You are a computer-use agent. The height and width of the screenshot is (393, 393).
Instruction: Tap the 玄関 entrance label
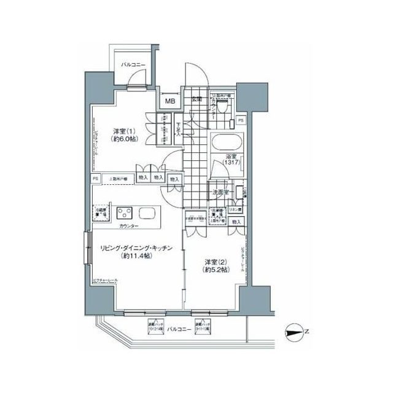pos(197,99)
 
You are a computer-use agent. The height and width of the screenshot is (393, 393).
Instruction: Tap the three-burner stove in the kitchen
pos(125,214)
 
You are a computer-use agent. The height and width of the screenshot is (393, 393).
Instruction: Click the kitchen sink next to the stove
pos(148,213)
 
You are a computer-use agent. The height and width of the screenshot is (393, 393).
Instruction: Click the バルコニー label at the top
pos(132,64)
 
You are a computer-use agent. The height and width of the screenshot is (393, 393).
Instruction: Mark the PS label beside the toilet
pos(241,121)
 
